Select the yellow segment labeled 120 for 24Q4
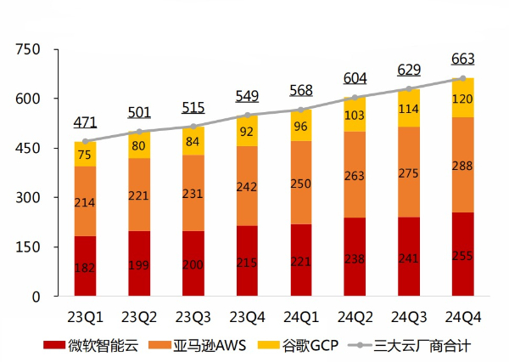tap(462, 98)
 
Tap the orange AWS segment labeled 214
tap(85, 201)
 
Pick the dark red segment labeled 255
tap(462, 255)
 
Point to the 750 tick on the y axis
tap(29, 50)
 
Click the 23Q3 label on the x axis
tap(193, 317)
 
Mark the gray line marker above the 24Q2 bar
tap(355, 98)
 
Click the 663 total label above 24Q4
tap(462, 59)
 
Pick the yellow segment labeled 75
tap(85, 154)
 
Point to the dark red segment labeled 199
tap(139, 263)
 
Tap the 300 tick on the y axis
tap(29, 198)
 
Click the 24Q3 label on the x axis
tap(409, 317)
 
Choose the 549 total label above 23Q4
tap(247, 96)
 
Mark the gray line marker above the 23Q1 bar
tap(85, 141)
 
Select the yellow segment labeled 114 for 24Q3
tap(409, 108)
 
